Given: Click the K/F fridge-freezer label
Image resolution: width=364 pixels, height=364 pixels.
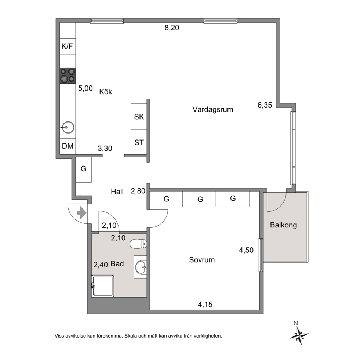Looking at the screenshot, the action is pos(67,47).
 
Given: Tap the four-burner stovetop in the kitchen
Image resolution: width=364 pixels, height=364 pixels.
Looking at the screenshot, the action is pos(68,76).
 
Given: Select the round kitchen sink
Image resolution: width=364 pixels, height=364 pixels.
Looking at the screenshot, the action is pos(68,127).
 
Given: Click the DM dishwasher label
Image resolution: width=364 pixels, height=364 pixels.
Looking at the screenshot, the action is pos(68,146).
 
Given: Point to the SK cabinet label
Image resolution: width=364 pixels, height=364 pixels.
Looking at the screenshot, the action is pos(139,117).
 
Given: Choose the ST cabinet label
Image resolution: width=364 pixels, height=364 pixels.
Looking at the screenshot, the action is pos(139,142).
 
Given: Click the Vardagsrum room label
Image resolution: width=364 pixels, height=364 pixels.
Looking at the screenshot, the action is pos(213,109).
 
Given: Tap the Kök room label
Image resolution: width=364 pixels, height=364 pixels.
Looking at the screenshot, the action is pos(106,92).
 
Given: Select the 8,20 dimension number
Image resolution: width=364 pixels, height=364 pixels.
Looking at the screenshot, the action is pos(172,28).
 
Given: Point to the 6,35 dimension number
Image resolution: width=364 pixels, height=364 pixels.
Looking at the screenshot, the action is pos(265,105).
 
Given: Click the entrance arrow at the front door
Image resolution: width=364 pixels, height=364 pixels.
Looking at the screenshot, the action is pos(81,213).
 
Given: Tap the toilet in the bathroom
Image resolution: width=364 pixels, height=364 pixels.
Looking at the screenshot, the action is pos(138,244).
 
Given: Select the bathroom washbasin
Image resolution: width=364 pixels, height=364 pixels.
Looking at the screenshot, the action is pos(141,267).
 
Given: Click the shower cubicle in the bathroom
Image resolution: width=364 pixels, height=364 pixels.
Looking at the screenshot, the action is pos(103,286).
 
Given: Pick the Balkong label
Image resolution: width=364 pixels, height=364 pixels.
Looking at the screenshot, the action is pos(283,225).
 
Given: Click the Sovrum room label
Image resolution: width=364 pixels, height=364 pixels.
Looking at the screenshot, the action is pos(202,260).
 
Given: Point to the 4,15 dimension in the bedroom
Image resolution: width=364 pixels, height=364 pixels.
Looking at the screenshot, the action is pos(205,304).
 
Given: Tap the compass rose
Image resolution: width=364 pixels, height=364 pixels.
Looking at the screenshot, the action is pos(299,335).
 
